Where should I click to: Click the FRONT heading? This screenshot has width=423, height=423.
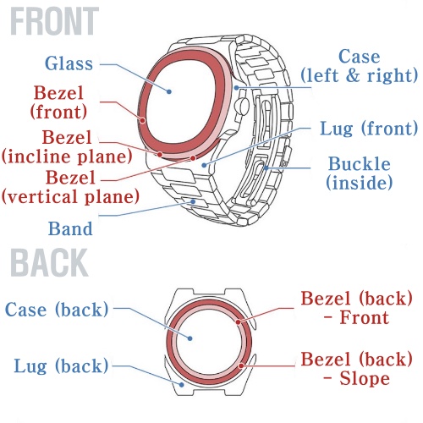click(55, 21)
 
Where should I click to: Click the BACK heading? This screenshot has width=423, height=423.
click(49, 263)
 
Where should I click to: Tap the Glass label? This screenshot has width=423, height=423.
click(69, 63)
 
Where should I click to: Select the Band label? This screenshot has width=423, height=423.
click(70, 228)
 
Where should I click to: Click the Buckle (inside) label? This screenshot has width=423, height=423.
click(360, 173)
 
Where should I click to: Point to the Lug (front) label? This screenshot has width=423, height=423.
click(369, 129)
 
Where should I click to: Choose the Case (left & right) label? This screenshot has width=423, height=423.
click(359, 66)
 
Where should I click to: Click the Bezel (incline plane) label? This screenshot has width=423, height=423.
click(67, 146)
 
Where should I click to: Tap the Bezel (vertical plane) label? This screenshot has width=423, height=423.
click(70, 187)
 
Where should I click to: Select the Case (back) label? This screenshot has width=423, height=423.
click(57, 310)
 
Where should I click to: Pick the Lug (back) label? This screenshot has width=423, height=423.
click(61, 366)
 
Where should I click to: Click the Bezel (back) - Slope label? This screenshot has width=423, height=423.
click(357, 369)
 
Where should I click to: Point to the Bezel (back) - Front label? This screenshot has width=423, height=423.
click(357, 308)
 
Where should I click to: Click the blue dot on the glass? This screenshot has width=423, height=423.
click(169, 91)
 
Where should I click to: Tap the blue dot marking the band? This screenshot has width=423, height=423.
click(193, 201)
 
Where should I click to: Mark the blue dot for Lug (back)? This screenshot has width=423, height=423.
click(182, 384)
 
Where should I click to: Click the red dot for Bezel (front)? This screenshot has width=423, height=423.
click(143, 121)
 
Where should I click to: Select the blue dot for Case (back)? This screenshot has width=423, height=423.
click(190, 338)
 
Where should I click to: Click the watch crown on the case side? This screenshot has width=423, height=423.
click(242, 106)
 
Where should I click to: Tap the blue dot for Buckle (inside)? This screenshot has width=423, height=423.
click(266, 168)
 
